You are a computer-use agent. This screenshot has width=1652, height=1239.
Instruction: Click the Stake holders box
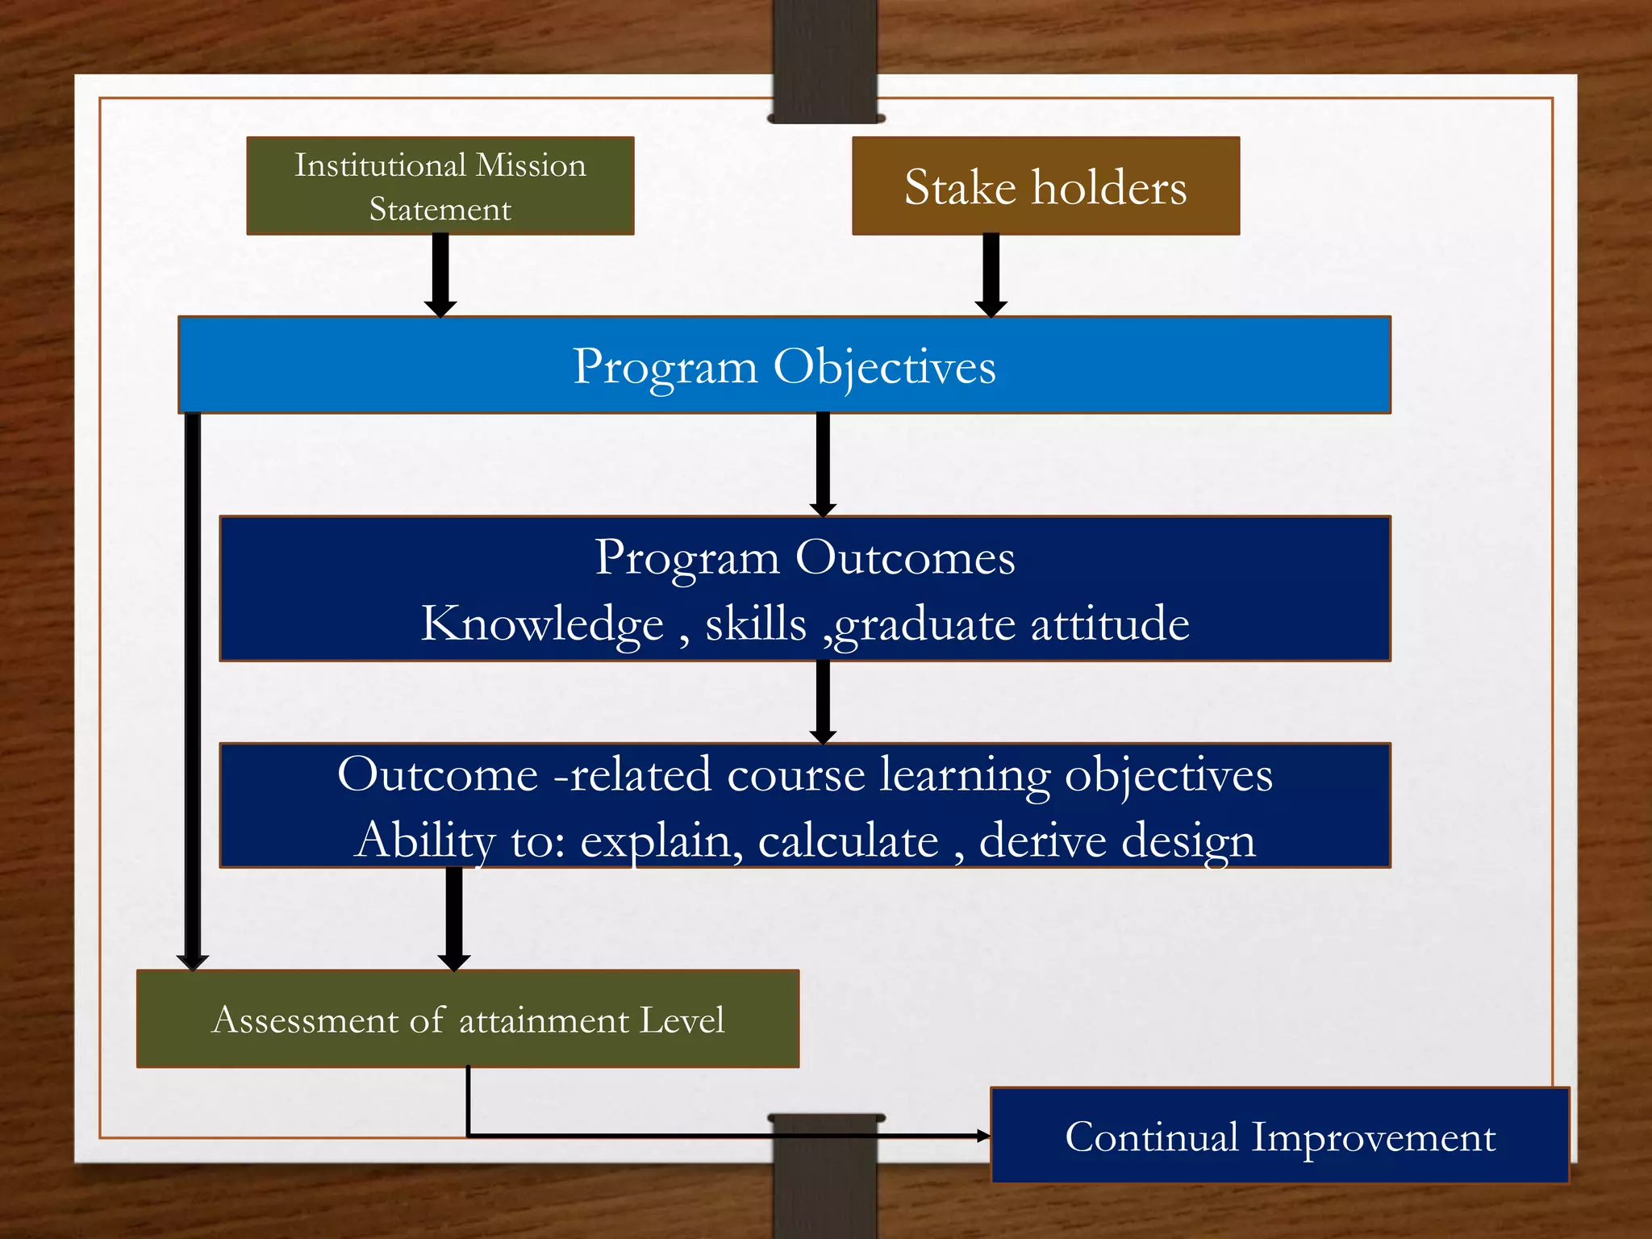(1045, 186)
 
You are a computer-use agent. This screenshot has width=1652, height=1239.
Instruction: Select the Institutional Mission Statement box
(440, 186)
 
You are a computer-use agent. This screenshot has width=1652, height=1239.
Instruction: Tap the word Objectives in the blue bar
(884, 367)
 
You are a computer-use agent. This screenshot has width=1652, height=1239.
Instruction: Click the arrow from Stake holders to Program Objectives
(991, 274)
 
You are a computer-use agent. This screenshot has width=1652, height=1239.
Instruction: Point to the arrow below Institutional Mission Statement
(440, 274)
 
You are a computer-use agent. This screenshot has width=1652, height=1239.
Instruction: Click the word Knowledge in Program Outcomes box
(542, 624)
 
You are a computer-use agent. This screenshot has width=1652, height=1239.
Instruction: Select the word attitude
(1109, 624)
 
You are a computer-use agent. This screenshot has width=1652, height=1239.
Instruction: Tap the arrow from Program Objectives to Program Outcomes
(823, 464)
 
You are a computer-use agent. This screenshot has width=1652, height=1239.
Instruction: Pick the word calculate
(848, 841)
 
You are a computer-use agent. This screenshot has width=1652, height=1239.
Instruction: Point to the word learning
(965, 776)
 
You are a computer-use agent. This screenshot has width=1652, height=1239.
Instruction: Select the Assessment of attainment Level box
(468, 1020)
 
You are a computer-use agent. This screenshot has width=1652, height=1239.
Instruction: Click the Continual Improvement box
(1279, 1136)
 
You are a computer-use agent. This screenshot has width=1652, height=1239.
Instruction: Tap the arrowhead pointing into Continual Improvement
(983, 1136)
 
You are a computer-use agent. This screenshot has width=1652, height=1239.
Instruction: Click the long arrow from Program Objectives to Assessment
(193, 686)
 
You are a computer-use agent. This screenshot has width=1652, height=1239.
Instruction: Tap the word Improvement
(1373, 1137)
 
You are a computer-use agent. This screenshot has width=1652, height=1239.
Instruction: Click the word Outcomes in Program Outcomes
(904, 558)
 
